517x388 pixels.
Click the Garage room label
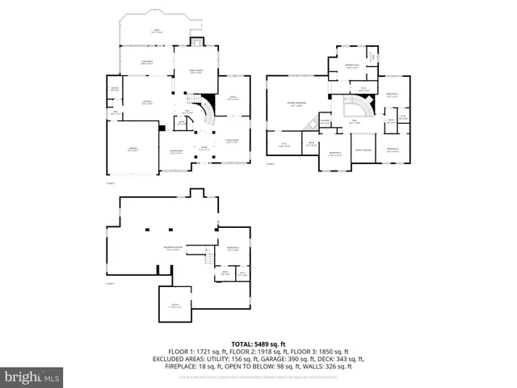pyautogui.click(x=133, y=150)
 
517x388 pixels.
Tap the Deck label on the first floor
pyautogui.click(x=157, y=32)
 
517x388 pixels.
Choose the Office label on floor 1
pyautogui.click(x=233, y=99)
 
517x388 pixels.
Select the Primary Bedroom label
pyautogui.click(x=296, y=104)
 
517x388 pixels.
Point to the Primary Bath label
pyautogui.click(x=353, y=66)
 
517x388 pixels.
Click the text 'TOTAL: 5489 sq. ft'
pyautogui.click(x=258, y=344)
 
